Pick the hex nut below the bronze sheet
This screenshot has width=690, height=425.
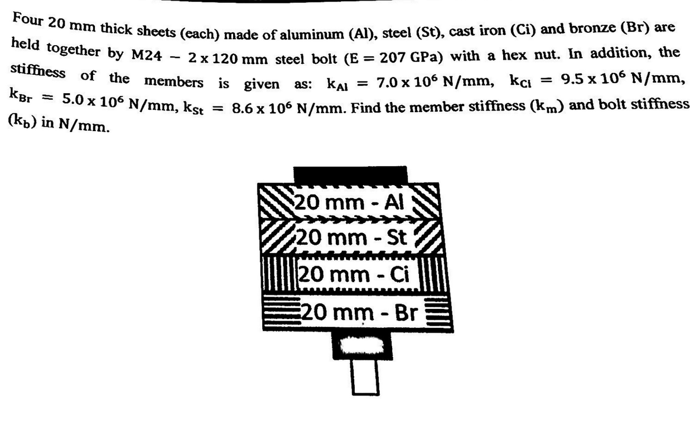(x=356, y=345)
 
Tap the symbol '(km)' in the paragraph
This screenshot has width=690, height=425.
(x=541, y=105)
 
